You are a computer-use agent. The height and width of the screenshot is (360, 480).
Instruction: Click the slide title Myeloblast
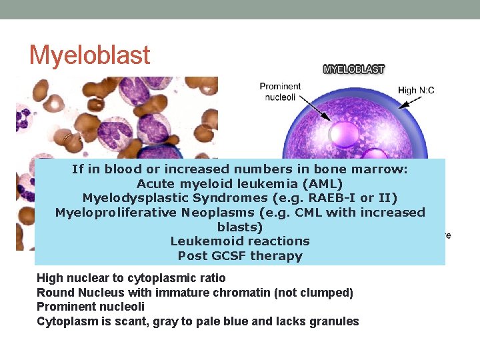pos(89,55)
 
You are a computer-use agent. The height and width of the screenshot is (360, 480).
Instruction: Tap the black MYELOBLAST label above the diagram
pos(353,69)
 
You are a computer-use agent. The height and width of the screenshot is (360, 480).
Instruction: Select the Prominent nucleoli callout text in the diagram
pos(280,91)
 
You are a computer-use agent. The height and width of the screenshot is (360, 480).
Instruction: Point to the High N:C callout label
pos(416,90)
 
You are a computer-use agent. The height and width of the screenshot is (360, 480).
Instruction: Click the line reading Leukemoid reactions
pos(240,241)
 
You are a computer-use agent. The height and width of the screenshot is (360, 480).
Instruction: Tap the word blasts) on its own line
pos(240,227)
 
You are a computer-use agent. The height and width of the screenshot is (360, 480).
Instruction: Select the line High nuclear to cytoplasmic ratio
pos(131,278)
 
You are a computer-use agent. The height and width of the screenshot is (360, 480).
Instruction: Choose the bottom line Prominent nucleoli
pos(91,307)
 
